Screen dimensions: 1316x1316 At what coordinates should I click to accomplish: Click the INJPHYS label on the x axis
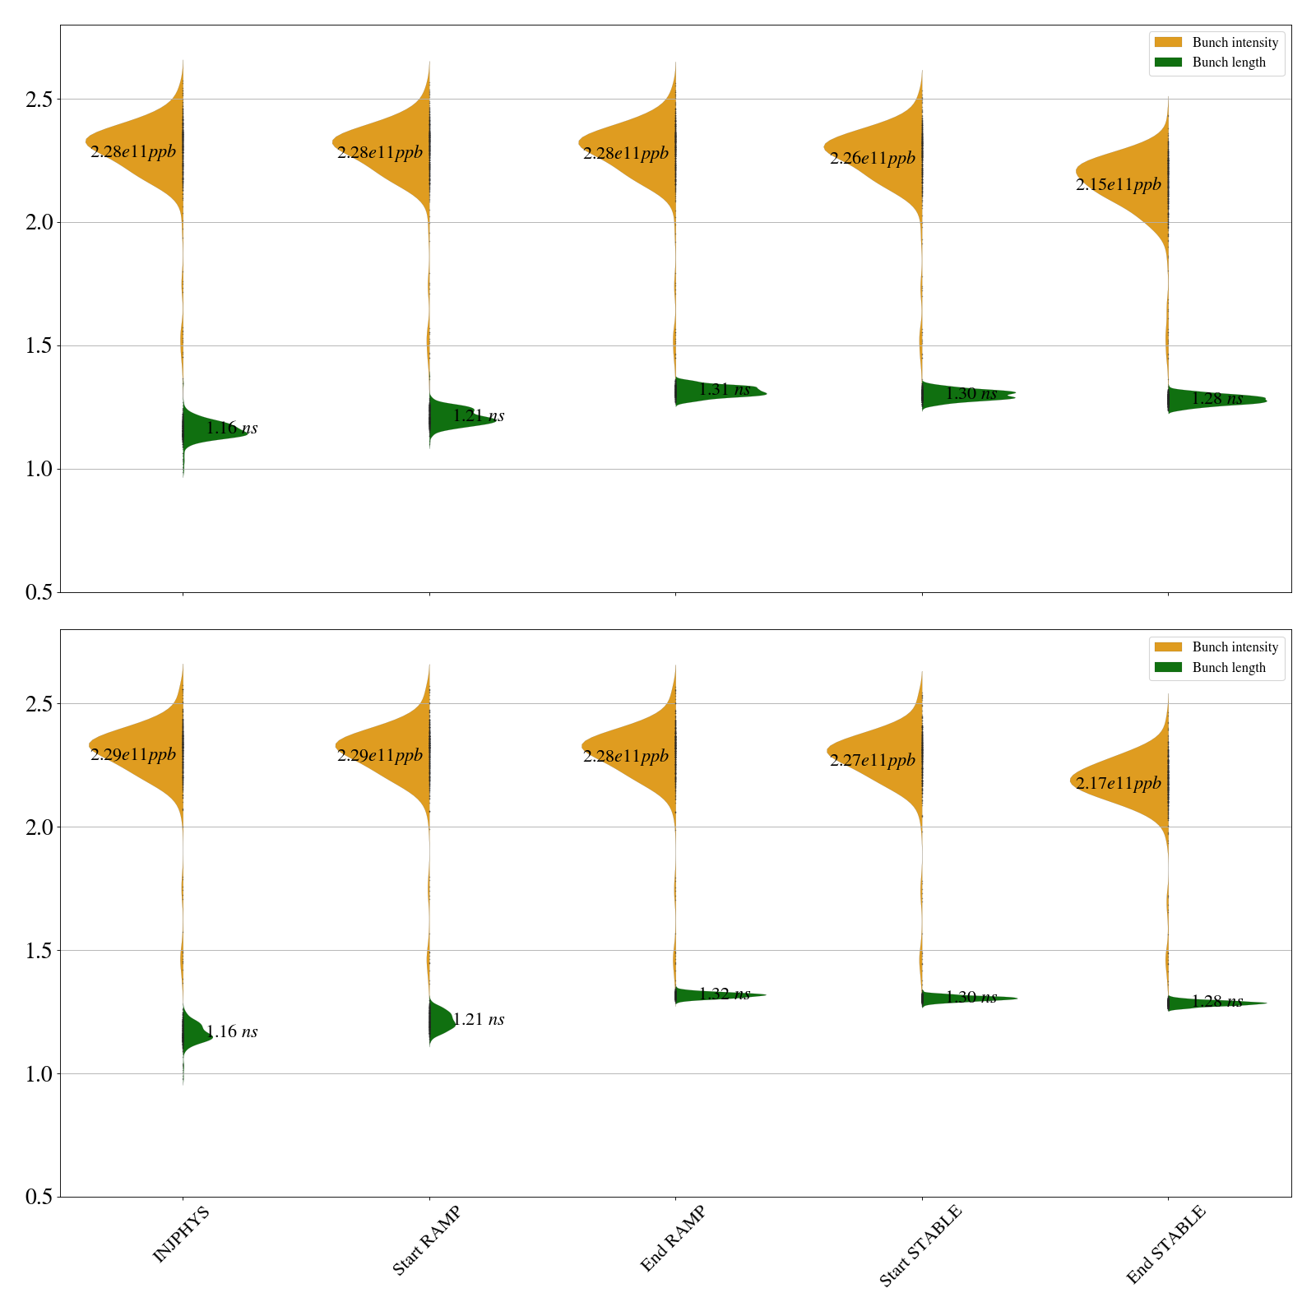181,1234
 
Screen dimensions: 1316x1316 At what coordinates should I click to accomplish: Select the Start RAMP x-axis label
425,1240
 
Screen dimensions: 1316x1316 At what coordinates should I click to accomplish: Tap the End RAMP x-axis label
673,1239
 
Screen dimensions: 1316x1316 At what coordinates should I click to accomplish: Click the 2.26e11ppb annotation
872,158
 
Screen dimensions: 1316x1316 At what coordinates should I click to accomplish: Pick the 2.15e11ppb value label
1119,184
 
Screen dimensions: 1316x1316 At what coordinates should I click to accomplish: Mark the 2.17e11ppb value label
1119,783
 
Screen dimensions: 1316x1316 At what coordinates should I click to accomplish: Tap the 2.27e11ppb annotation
872,760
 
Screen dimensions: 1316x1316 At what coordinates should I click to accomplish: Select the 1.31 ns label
725,389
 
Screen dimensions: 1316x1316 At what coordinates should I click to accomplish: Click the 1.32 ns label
725,994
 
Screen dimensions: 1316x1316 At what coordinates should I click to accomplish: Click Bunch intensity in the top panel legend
1235,43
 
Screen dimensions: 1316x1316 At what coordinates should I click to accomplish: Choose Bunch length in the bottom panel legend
1229,667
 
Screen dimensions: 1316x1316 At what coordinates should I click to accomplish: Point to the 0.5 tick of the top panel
39,592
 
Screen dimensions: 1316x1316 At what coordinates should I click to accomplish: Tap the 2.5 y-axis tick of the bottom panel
39,704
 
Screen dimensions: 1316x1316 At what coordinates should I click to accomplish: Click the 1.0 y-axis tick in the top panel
39,470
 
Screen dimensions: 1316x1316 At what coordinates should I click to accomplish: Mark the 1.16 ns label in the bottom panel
232,1031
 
